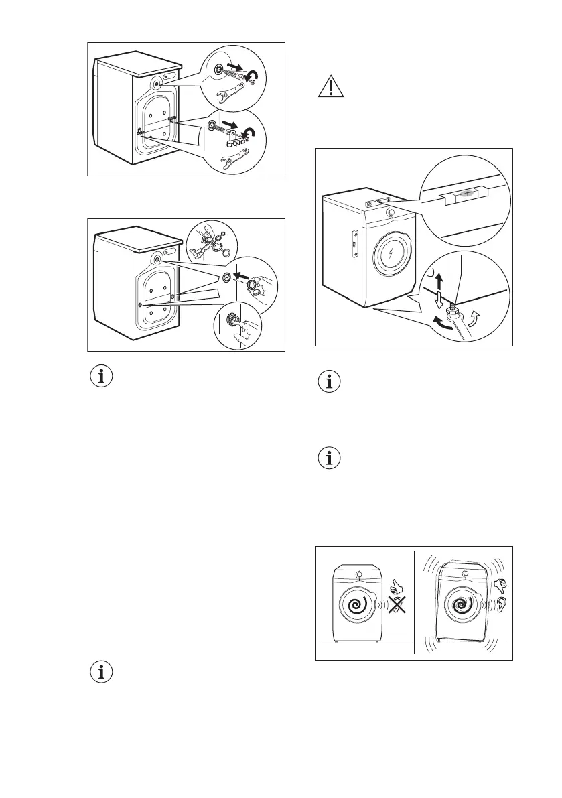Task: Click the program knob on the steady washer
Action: (x=361, y=574)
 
